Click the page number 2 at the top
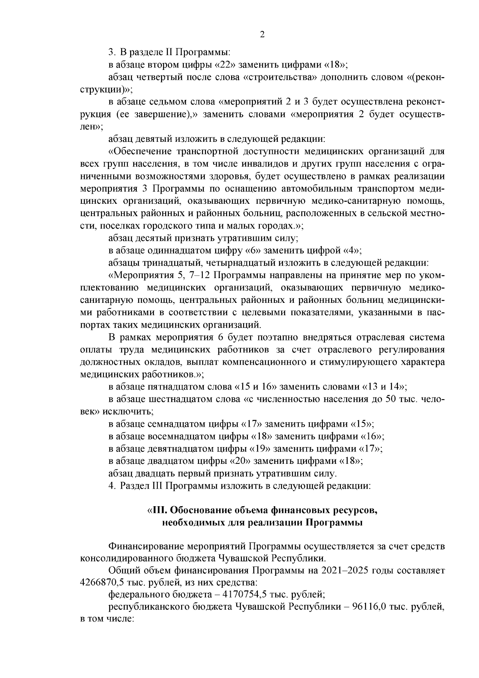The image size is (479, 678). tap(262, 34)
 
